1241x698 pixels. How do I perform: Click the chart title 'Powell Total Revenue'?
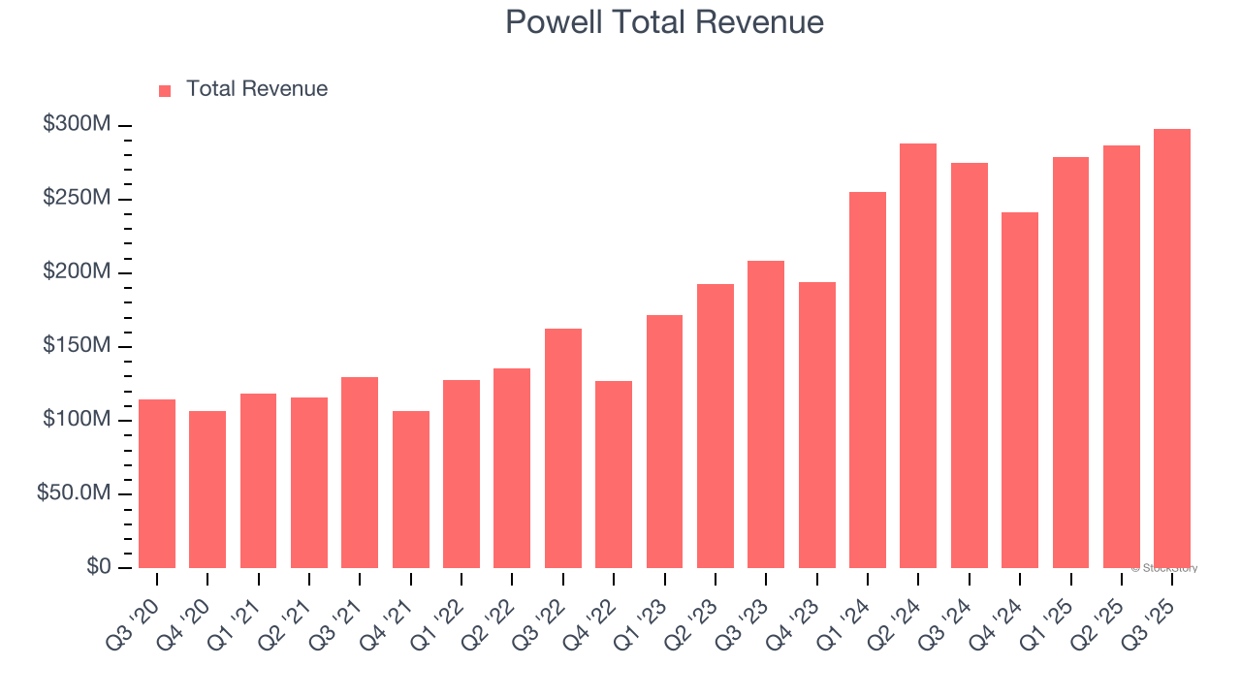point(664,22)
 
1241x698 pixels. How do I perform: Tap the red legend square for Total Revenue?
point(165,90)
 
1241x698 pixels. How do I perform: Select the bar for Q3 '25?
point(1172,349)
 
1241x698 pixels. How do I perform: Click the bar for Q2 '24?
point(918,356)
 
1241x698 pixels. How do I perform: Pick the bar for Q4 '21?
point(411,490)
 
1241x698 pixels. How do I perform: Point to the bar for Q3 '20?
point(157,484)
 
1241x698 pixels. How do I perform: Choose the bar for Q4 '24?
point(1020,390)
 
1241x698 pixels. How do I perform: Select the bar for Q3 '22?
point(563,448)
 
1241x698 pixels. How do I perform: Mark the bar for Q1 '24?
point(868,380)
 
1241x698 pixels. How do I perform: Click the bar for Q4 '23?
point(817,425)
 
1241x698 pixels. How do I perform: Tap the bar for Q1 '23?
point(664,441)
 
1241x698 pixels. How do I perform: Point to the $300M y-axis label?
point(77,125)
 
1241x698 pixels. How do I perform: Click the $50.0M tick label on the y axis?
point(74,493)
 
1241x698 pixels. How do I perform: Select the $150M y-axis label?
point(77,346)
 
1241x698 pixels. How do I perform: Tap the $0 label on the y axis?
point(98,566)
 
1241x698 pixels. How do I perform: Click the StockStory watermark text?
point(1164,568)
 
